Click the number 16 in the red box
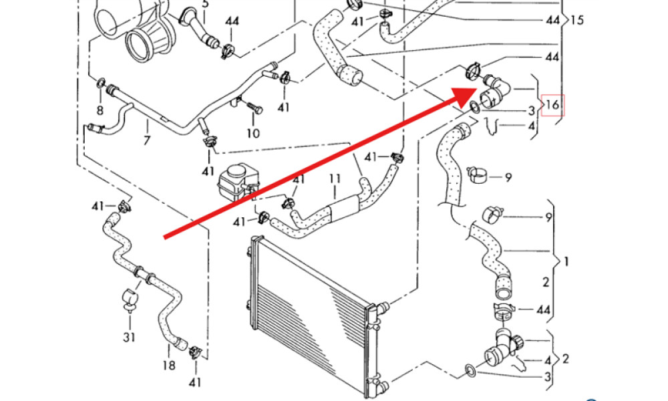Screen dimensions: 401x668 coord(552,105)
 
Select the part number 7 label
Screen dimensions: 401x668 coord(146,140)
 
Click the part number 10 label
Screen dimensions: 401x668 coord(253,133)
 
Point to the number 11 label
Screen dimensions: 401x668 coord(335,178)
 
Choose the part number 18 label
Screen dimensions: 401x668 coord(168,365)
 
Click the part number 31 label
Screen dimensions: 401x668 coord(128,337)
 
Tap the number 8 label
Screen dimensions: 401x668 coord(100,110)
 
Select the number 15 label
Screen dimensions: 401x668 coord(577,20)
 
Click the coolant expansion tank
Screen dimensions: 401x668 coord(234,180)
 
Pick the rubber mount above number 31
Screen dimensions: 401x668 coord(128,297)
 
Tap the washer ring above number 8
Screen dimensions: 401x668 coord(101,83)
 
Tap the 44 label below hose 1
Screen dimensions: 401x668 coord(543,310)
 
